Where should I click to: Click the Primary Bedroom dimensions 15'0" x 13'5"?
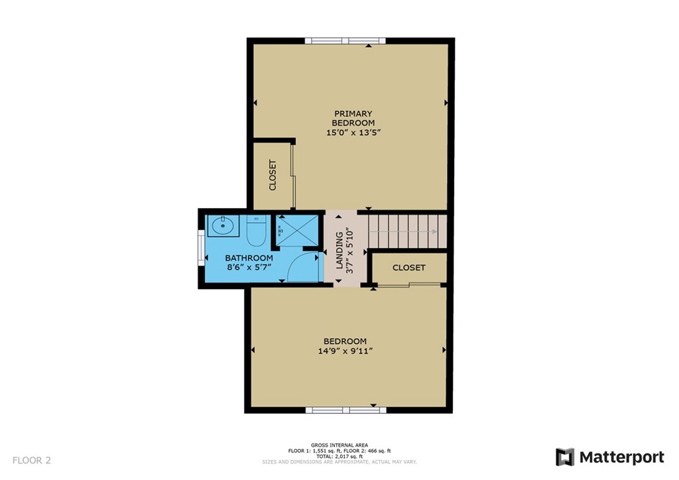point(353,133)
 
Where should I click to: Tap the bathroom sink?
point(223,226)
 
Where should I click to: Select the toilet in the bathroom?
point(256,231)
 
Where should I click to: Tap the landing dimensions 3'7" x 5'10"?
point(350,251)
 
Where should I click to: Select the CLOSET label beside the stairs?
point(408,267)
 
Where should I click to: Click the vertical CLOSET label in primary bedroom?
point(273,175)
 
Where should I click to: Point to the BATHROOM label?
point(249,258)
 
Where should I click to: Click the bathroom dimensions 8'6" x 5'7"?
point(249,267)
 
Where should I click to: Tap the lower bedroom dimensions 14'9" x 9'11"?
point(345,351)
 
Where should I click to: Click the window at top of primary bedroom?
point(345,41)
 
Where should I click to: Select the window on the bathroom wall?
point(202,247)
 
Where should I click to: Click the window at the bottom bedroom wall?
point(346,410)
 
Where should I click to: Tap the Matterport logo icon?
point(565,457)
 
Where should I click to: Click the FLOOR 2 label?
point(32,460)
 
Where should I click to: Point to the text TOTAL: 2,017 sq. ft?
point(339,456)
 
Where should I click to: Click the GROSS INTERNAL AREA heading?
point(339,445)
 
